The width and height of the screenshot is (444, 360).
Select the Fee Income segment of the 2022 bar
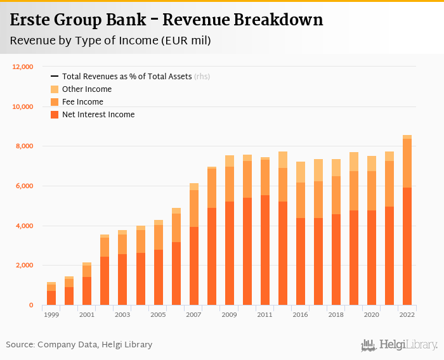(x=407, y=163)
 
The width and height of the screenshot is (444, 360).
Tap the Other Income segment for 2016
(x=301, y=172)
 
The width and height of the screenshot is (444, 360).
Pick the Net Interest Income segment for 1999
(x=51, y=298)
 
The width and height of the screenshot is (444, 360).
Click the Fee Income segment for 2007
(x=194, y=209)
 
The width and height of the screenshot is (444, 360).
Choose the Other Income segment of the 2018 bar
(x=336, y=167)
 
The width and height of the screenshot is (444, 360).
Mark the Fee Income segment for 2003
(x=122, y=244)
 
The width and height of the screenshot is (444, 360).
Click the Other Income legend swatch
(x=55, y=89)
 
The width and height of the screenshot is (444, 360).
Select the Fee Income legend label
(x=82, y=102)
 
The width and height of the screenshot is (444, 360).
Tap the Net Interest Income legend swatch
(x=55, y=115)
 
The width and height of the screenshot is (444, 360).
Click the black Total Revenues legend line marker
(x=55, y=77)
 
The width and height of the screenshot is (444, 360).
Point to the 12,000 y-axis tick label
(x=22, y=67)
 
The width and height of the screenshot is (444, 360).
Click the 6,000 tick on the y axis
(x=24, y=186)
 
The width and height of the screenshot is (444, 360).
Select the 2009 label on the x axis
(x=230, y=314)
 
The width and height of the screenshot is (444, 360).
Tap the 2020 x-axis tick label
(x=372, y=314)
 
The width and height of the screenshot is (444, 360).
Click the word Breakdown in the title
(x=275, y=20)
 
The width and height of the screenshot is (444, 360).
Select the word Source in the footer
(x=20, y=345)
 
